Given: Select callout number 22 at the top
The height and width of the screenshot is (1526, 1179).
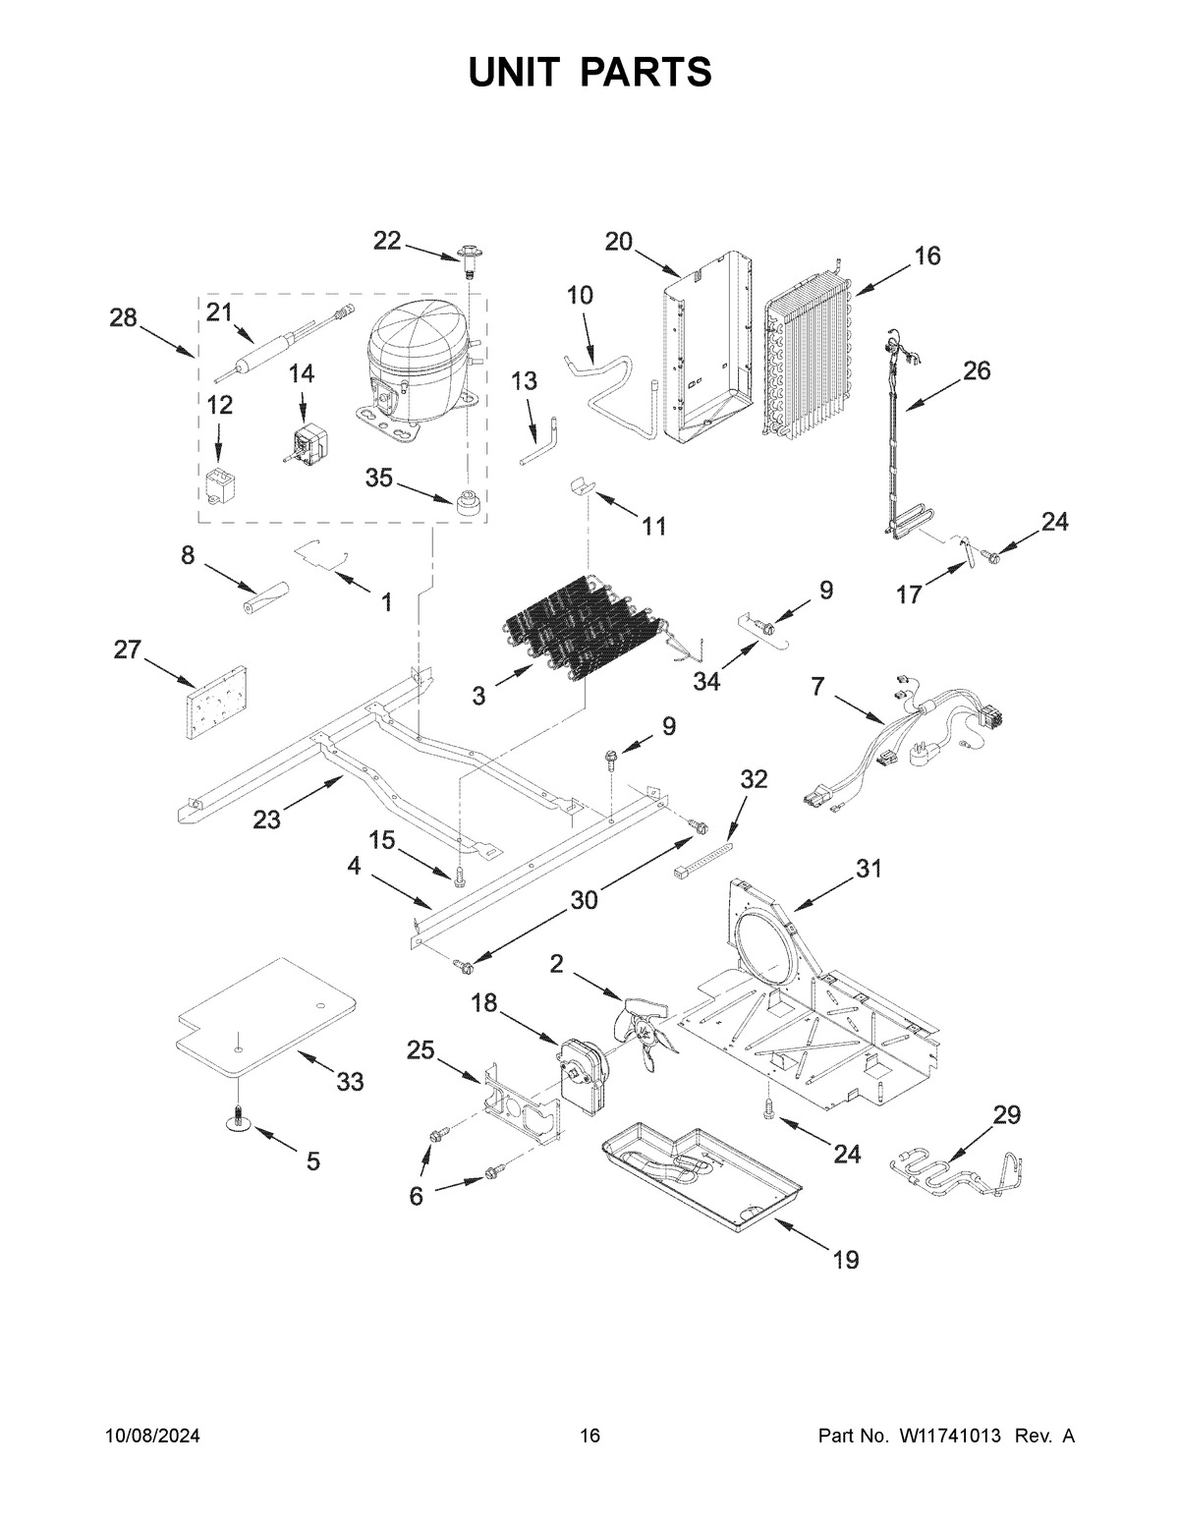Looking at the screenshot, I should click(x=387, y=241).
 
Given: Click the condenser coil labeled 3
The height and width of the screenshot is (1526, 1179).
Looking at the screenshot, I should click(x=580, y=629).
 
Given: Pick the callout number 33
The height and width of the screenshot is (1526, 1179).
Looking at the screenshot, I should click(x=350, y=1082).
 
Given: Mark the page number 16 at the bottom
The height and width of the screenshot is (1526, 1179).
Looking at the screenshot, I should click(x=589, y=1437).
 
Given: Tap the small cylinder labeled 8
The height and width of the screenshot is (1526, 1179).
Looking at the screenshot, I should click(x=267, y=597).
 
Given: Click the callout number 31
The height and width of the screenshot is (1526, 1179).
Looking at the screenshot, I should click(x=869, y=869).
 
